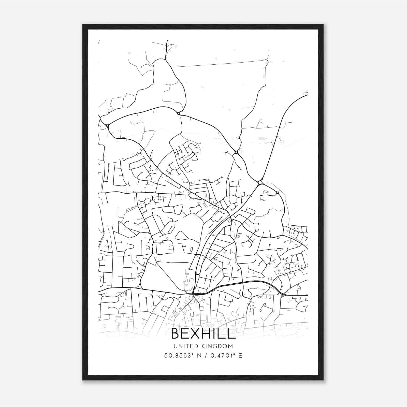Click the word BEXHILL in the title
[x=203, y=333]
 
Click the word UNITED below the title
[x=184, y=346]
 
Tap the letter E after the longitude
[x=240, y=356]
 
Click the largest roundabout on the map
[x=260, y=183]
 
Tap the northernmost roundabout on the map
[x=179, y=113]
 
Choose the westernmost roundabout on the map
[x=108, y=126]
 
